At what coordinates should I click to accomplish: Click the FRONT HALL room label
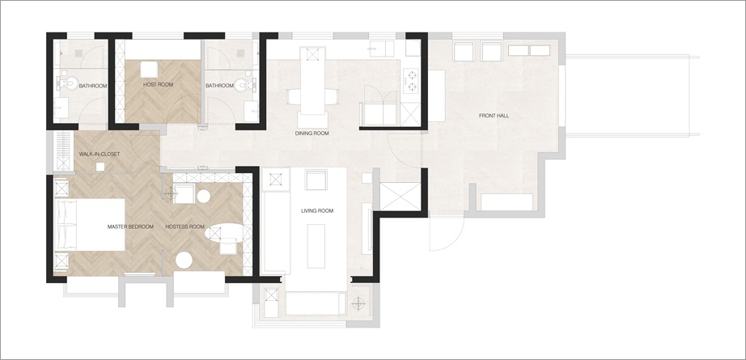tap(494, 116)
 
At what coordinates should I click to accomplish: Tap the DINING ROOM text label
tap(312, 133)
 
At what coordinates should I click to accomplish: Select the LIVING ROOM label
tap(317, 210)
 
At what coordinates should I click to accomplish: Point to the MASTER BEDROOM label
tap(130, 227)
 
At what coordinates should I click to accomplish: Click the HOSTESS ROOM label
tap(185, 227)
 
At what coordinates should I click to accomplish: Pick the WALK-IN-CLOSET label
tap(100, 154)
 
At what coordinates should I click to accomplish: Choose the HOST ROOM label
tap(158, 85)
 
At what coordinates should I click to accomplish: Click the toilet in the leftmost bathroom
tap(70, 83)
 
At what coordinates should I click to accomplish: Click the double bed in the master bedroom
tap(91, 224)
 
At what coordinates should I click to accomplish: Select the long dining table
tap(312, 81)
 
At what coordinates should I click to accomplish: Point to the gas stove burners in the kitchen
tap(410, 80)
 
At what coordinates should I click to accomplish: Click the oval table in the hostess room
tap(228, 233)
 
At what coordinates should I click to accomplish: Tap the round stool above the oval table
tap(204, 197)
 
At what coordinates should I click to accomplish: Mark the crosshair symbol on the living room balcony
tap(358, 303)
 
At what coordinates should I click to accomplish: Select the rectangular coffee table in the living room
tap(316, 247)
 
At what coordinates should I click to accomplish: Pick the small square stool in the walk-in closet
tap(100, 167)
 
